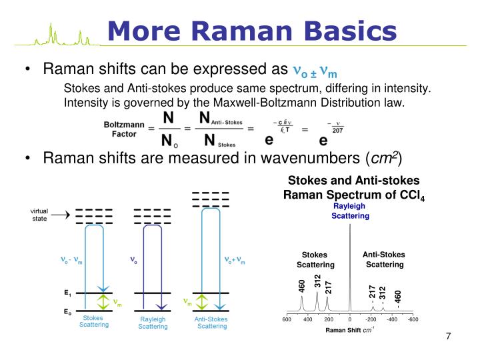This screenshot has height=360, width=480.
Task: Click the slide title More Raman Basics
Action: [x=252, y=30]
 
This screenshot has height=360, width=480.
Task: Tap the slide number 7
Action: [x=449, y=335]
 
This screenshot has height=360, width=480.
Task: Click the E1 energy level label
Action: [x=68, y=293]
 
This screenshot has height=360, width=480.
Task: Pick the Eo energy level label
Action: [x=68, y=312]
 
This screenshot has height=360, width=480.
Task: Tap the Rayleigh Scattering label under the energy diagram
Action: [x=153, y=323]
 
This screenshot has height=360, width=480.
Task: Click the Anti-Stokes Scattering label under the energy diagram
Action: [x=211, y=323]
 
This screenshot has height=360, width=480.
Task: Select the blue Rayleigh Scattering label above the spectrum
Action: [x=350, y=211]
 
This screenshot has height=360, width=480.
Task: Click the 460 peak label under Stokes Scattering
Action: [x=302, y=286]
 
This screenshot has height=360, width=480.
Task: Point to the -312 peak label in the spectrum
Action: [x=383, y=293]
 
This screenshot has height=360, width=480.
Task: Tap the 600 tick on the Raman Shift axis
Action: [x=286, y=319]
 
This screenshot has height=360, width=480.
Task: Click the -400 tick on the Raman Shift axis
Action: [x=392, y=319]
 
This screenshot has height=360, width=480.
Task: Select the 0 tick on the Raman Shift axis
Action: [x=350, y=319]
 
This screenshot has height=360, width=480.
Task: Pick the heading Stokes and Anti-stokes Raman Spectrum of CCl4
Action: [x=353, y=188]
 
